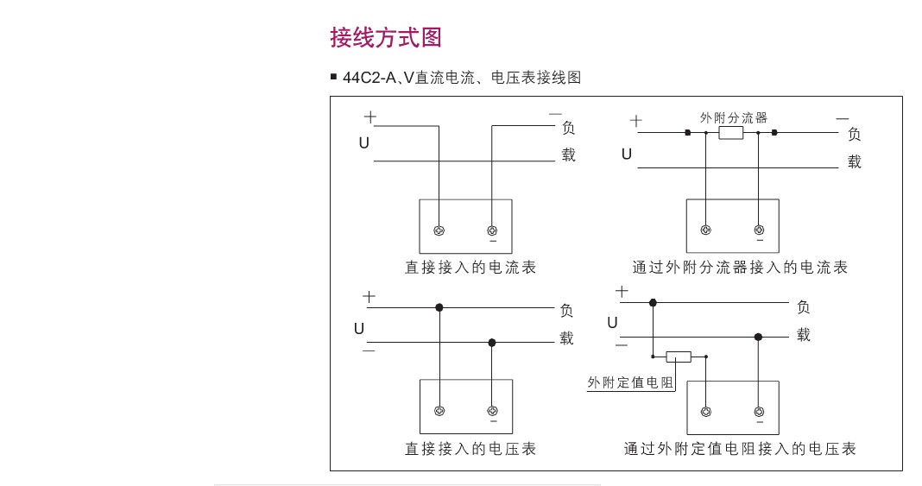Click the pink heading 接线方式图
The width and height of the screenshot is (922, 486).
click(386, 38)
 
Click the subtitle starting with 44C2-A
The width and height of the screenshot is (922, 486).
click(462, 78)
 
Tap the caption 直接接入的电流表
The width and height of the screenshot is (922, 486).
click(470, 268)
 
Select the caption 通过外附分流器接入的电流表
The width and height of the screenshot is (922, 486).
click(740, 268)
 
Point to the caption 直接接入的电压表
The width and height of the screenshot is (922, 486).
click(470, 449)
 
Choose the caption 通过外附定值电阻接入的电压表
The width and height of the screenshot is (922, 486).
click(740, 449)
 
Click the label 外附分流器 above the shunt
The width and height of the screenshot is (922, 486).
click(733, 117)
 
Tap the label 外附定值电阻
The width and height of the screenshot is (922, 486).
click(630, 382)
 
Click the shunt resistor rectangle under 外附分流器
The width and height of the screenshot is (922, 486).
click(731, 133)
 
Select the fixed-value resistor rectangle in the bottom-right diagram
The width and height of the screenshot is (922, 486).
click(678, 357)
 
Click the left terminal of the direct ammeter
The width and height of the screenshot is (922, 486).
click(439, 230)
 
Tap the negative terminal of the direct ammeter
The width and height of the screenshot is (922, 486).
click(493, 230)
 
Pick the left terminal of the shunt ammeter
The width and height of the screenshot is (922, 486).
click(705, 230)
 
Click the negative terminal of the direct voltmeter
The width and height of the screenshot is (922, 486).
click(493, 411)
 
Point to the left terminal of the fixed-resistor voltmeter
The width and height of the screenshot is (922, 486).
click(706, 412)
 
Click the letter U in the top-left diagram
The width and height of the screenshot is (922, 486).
click(364, 142)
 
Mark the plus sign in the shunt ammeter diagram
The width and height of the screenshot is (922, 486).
click(635, 121)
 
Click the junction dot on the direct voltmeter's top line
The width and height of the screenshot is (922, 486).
click(439, 307)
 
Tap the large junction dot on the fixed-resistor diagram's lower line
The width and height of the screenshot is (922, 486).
click(759, 337)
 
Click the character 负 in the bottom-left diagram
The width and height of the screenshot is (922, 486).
click(566, 310)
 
